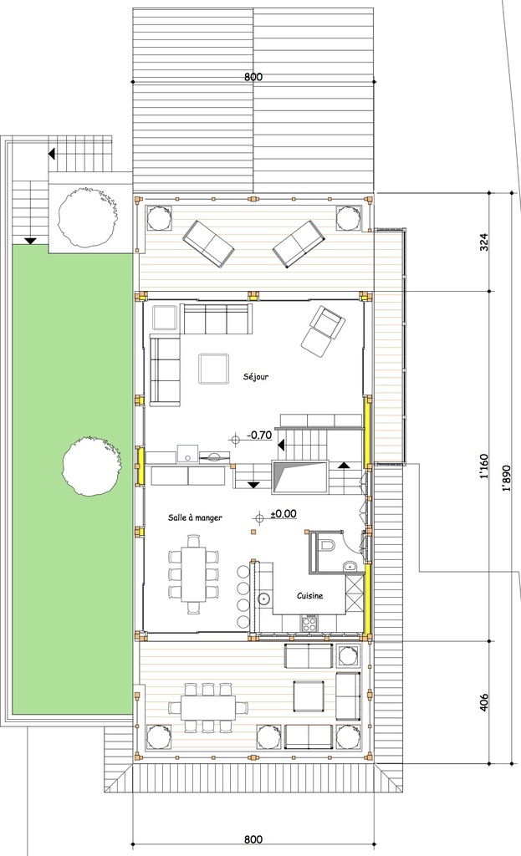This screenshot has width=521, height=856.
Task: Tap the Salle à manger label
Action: [195, 517]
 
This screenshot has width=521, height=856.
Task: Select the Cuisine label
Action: [310, 596]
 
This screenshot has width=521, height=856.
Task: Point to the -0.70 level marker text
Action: [260, 435]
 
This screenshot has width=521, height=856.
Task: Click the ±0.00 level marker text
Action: [284, 513]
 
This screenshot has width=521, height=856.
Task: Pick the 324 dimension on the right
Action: [485, 242]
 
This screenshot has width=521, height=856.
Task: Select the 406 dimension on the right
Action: [485, 701]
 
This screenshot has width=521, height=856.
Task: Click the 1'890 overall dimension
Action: [507, 476]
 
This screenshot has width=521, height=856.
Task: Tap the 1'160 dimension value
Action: [485, 476]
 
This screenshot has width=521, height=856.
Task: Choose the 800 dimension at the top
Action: [253, 77]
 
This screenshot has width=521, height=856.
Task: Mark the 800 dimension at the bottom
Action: [253, 839]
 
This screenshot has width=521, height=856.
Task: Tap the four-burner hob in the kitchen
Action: [309, 622]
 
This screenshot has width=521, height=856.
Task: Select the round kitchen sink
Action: [263, 598]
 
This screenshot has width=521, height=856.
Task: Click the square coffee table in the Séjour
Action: [214, 369]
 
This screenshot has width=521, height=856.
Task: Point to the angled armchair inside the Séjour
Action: [322, 330]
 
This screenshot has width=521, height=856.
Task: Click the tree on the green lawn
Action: [91, 465]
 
